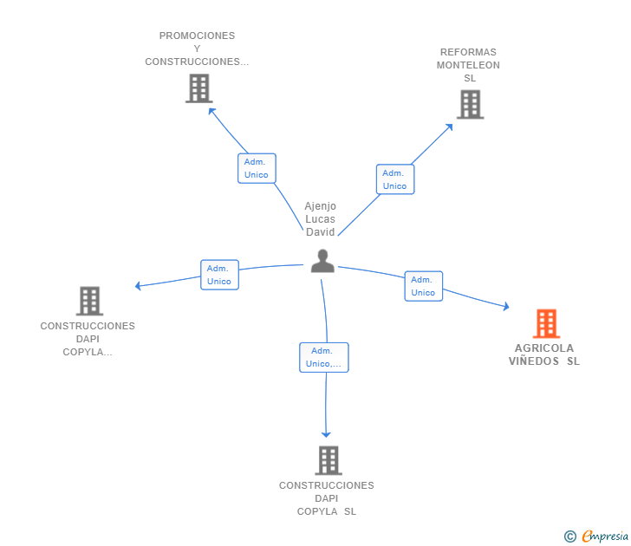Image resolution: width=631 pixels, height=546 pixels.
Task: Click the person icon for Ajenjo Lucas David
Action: [322, 261]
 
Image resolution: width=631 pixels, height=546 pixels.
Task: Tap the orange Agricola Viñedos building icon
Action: [546, 323]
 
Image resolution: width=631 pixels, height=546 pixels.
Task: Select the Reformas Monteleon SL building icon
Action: [470, 104]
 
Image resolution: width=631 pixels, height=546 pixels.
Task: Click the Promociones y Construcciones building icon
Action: [198, 88]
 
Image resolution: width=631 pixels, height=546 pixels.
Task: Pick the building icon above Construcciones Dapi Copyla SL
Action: [328, 460]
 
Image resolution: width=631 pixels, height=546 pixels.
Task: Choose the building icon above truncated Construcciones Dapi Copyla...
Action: [89, 301]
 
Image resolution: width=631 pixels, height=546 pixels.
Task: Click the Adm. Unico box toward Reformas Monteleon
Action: [394, 179]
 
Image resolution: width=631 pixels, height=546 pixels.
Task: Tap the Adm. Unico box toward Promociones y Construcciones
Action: [257, 168]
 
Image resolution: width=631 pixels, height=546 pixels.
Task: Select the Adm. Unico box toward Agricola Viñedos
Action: [423, 286]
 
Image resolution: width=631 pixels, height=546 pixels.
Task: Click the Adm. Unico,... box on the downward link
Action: [324, 357]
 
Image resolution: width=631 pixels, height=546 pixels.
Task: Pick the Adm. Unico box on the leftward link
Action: [219, 275]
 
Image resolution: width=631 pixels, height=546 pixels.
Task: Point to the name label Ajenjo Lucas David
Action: [320, 219]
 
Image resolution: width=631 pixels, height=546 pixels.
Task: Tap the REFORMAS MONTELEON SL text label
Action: [468, 65]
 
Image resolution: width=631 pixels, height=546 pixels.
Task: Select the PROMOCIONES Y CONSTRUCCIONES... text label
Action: [197, 49]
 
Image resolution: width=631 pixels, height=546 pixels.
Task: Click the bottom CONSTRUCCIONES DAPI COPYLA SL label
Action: [327, 498]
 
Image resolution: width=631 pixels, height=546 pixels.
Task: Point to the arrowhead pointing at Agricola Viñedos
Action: [506, 306]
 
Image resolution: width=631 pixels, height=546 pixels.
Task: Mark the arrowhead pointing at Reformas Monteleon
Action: [449, 127]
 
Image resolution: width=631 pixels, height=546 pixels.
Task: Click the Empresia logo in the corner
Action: [605, 536]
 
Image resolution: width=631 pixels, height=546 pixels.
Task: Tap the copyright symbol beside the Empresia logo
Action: [570, 536]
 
